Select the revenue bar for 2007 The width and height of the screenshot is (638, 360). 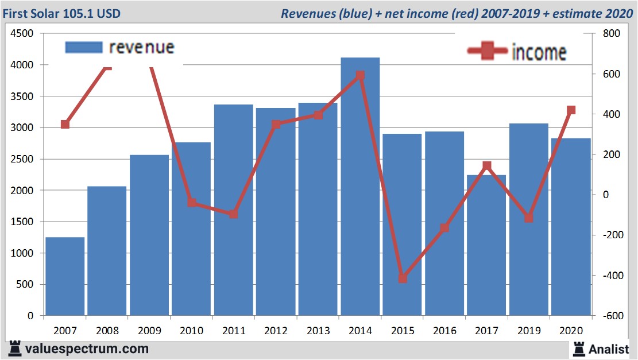(x=65, y=276)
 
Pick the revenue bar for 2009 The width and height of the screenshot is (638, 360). (x=149, y=235)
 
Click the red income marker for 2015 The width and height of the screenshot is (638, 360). (x=403, y=278)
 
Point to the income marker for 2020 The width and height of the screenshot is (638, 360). (x=571, y=110)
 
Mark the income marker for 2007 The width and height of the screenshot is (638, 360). (x=65, y=124)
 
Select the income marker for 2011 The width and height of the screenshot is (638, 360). (x=233, y=214)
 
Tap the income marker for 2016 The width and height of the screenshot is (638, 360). (x=444, y=228)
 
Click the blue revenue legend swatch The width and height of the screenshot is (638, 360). (x=84, y=47)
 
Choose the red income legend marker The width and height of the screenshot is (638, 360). (x=488, y=51)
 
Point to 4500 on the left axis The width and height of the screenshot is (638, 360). (x=22, y=34)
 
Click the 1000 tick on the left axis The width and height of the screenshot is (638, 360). (x=22, y=253)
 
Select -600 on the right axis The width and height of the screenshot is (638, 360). (x=609, y=316)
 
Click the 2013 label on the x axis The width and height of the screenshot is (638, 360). (x=318, y=331)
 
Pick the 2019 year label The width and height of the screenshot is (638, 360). (x=529, y=331)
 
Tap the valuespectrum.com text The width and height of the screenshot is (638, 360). (x=86, y=349)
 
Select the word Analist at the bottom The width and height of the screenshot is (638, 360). (x=609, y=349)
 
